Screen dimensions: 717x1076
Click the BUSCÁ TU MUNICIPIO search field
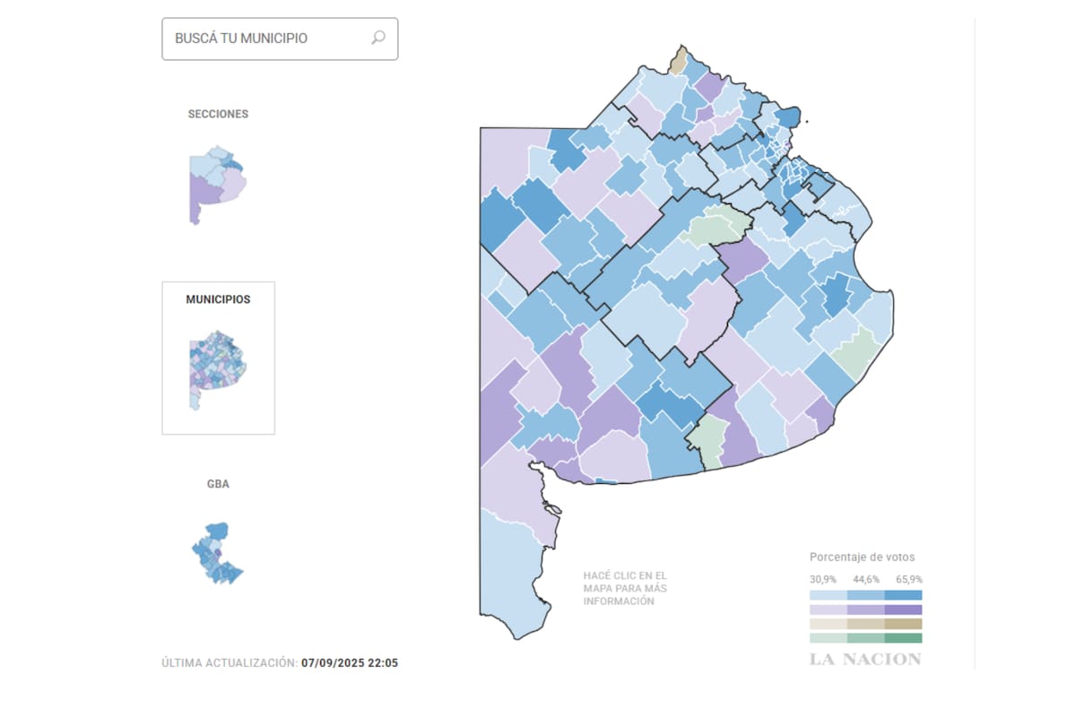pos(269,39)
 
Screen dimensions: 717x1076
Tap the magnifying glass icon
pos(378,38)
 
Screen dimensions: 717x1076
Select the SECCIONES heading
pos(218,114)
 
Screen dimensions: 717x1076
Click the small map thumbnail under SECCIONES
pos(217,184)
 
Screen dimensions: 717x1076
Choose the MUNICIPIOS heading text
pos(218,299)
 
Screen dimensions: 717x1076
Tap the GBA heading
pos(218,484)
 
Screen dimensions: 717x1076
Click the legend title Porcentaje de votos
pos(862,557)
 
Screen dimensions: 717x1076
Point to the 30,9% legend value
pos(823,579)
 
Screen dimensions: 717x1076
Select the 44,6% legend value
pos(864,579)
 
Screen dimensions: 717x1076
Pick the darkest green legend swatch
pos(903,638)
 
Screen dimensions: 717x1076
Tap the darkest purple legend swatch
pos(903,609)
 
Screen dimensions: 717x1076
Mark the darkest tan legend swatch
pos(903,624)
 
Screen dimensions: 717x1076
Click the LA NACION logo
pos(864,660)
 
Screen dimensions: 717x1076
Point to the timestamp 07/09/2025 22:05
pos(350,663)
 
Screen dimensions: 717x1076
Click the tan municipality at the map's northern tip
pos(679,61)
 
